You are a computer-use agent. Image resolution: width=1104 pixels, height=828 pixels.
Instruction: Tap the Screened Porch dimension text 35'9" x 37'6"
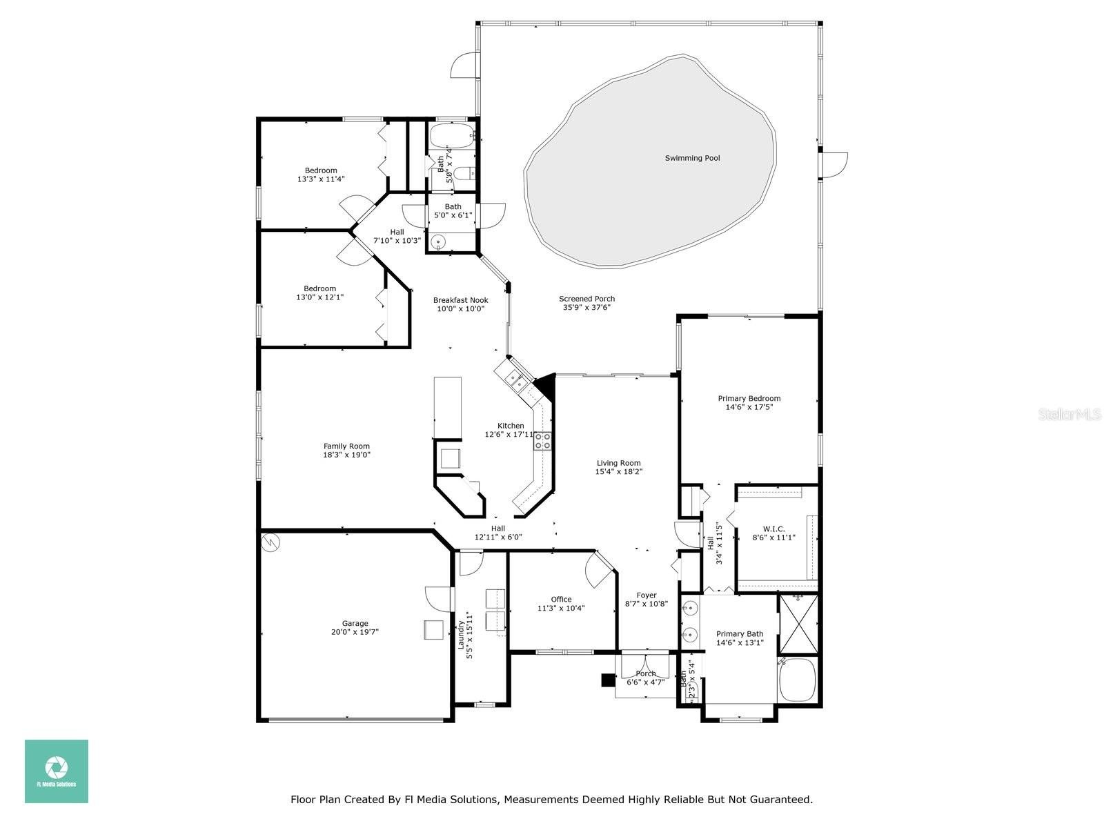click(x=586, y=308)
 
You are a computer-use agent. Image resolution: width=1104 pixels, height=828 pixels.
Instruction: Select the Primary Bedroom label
click(x=749, y=398)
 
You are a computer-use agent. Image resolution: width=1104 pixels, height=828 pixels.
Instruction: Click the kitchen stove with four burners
click(x=542, y=441)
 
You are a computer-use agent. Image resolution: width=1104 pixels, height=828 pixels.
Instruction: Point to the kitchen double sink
click(x=515, y=378)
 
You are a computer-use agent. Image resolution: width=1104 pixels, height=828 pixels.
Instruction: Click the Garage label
click(x=355, y=623)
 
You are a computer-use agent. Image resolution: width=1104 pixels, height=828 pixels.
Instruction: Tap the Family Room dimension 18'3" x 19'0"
click(x=347, y=455)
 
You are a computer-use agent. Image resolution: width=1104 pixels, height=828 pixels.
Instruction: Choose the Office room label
click(x=561, y=599)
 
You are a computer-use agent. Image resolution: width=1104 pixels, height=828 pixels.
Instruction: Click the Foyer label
click(x=646, y=595)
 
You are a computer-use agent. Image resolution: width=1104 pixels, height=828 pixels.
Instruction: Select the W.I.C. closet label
click(x=773, y=529)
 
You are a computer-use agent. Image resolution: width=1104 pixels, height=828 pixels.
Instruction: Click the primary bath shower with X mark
click(x=798, y=624)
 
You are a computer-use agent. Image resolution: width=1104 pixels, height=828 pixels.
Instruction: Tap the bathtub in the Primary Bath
click(x=798, y=680)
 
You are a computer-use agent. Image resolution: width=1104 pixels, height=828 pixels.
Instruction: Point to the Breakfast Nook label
click(x=460, y=300)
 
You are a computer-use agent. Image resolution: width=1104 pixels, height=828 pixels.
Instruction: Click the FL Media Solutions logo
click(x=57, y=771)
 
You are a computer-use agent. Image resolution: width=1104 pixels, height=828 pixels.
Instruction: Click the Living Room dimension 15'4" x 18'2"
click(x=618, y=472)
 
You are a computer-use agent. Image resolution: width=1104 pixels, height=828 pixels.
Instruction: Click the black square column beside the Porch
click(x=608, y=680)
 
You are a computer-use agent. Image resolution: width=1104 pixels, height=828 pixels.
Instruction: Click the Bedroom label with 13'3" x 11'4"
click(x=321, y=170)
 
